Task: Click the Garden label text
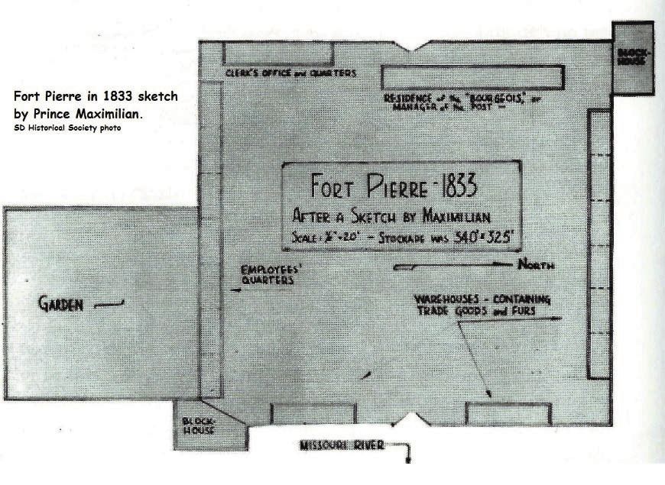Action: (x=60, y=305)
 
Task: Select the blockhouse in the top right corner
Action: (x=632, y=58)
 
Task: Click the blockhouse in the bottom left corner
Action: (x=199, y=425)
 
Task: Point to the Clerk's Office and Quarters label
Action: (x=290, y=73)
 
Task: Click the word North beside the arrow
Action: (x=536, y=266)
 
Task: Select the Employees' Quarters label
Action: (x=268, y=275)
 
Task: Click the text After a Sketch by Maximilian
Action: (x=391, y=215)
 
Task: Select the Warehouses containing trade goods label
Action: (x=482, y=304)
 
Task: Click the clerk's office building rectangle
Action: (x=278, y=53)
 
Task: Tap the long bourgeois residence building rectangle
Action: (x=472, y=77)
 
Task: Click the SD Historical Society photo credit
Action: (x=67, y=128)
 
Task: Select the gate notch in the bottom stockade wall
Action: (x=411, y=419)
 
